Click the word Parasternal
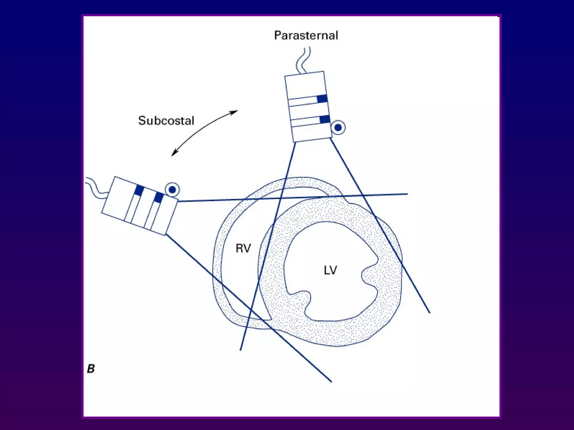coord(306,36)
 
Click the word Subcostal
coord(166,121)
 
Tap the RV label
coord(243,248)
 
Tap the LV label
coord(330,270)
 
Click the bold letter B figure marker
coord(91,369)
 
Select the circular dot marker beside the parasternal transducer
coord(338,128)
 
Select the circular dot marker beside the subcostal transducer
coord(172,190)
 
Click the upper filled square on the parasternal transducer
coord(322,99)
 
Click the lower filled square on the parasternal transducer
coord(325,119)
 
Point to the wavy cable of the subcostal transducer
coord(95,186)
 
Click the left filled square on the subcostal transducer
coord(139,190)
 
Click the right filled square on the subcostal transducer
coord(159,198)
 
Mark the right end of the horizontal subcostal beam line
coord(407,194)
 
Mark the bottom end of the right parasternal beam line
coord(429,312)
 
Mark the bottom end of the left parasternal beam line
coord(240,350)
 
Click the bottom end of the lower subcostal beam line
coord(331,381)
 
